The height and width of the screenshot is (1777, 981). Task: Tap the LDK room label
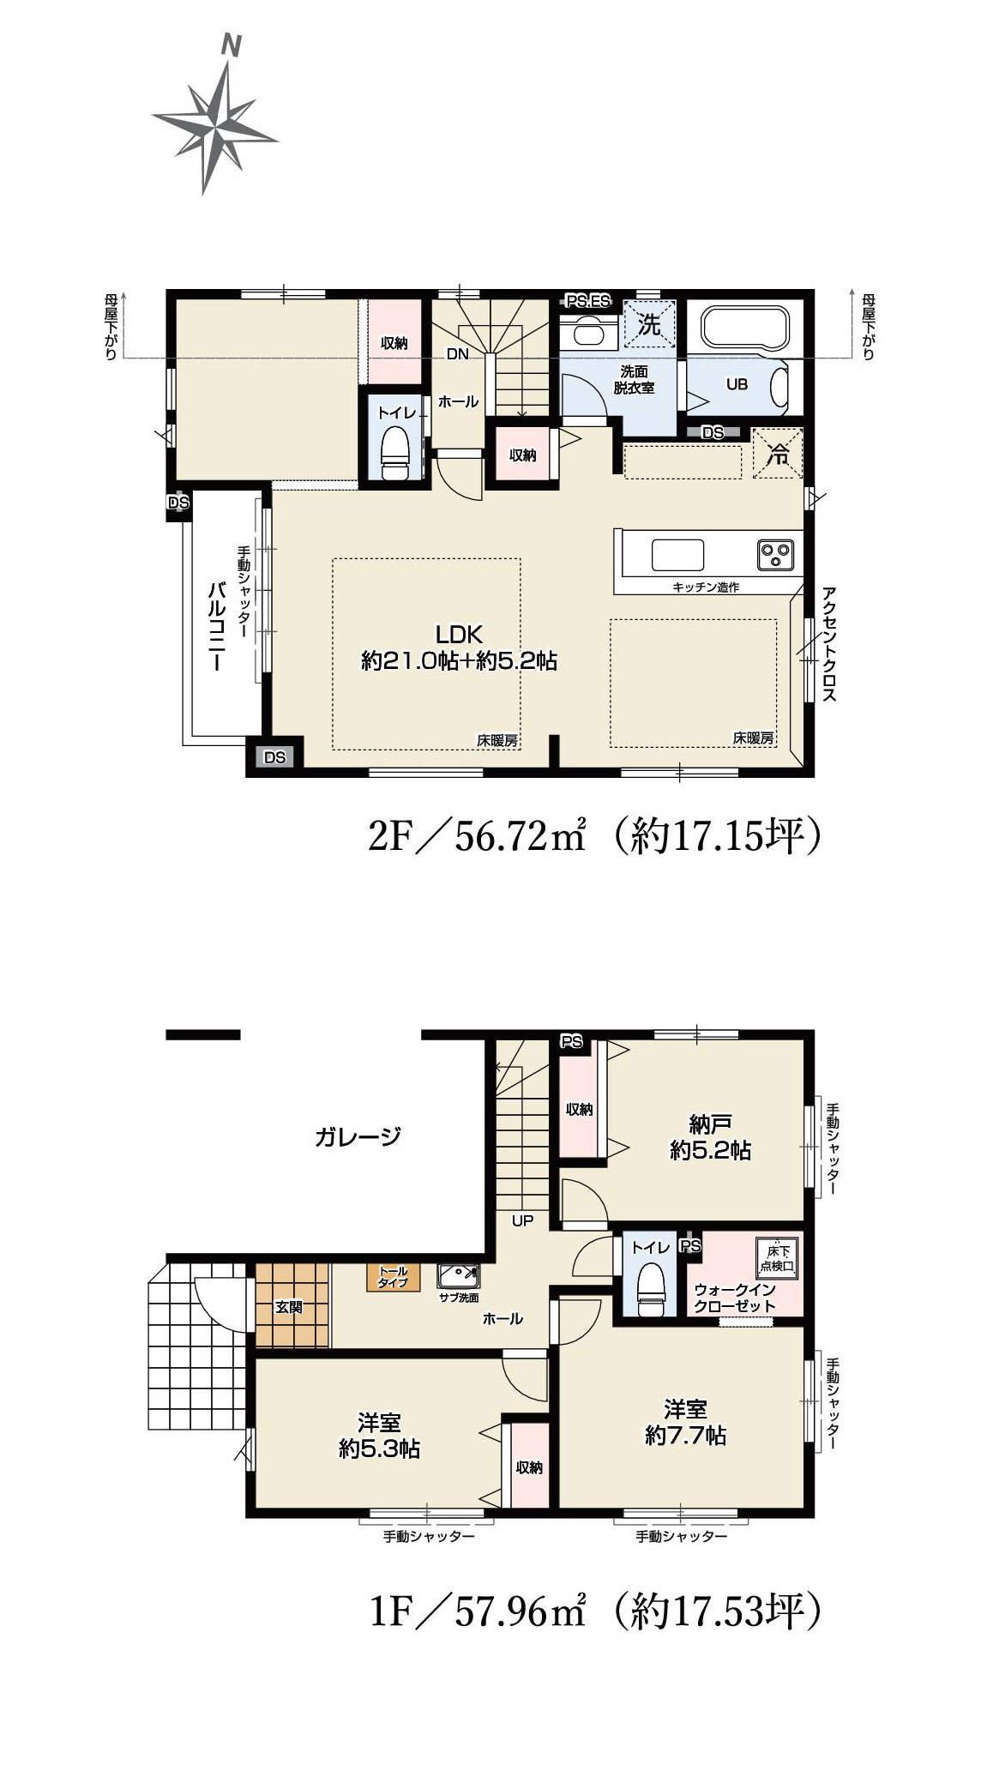[460, 635]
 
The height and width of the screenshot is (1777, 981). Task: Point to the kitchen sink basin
[677, 554]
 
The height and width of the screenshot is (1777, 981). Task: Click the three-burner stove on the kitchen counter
[777, 555]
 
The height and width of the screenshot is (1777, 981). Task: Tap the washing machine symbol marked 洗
[649, 324]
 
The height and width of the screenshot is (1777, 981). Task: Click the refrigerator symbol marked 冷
[779, 453]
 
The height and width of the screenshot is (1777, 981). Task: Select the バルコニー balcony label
[216, 626]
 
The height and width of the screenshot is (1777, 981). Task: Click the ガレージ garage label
[358, 1137]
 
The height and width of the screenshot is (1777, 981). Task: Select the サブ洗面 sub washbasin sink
[459, 1277]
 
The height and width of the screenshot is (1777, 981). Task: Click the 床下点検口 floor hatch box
[778, 1256]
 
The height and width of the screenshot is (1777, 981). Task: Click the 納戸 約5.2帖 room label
[710, 1136]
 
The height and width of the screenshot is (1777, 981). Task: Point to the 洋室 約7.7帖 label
[686, 1421]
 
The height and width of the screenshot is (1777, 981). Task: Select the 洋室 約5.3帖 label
[379, 1436]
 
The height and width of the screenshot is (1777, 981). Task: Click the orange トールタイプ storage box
[394, 1277]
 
